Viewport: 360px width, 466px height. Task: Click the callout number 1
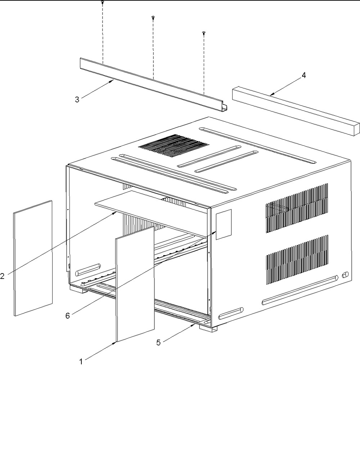click(x=81, y=362)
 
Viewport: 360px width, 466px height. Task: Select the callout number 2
click(x=2, y=276)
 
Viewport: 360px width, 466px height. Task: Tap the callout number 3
click(x=77, y=100)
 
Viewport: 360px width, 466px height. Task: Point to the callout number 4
click(x=303, y=75)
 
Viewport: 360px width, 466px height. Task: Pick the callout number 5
click(x=158, y=343)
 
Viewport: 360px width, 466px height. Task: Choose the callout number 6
click(x=68, y=316)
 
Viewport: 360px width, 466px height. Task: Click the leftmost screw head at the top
click(x=103, y=2)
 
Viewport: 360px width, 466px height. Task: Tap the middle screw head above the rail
click(x=153, y=17)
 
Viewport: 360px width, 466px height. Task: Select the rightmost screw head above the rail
click(x=204, y=33)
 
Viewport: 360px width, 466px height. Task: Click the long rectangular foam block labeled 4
click(x=296, y=111)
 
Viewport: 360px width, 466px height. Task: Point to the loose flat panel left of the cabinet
click(x=33, y=258)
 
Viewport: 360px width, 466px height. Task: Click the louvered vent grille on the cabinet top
click(x=174, y=145)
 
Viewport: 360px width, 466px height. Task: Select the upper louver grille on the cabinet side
click(x=297, y=208)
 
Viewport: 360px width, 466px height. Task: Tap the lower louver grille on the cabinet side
click(x=297, y=260)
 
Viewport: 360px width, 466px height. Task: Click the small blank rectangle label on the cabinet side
click(x=224, y=224)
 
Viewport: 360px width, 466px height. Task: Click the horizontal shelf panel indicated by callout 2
click(x=151, y=213)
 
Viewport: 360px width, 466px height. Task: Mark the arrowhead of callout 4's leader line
click(x=271, y=94)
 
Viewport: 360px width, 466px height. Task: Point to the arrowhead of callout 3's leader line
click(x=112, y=81)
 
